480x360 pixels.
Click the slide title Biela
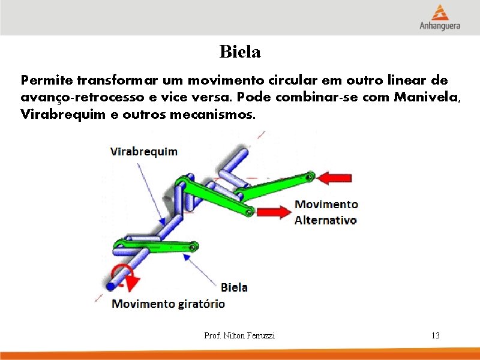click(240, 52)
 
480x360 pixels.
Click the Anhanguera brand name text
click(440, 26)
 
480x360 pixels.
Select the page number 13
click(436, 335)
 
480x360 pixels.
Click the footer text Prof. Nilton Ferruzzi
click(239, 335)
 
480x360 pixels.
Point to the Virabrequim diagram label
click(143, 151)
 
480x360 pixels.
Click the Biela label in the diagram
click(234, 287)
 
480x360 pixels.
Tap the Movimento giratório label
click(169, 304)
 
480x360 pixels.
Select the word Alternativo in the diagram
click(325, 220)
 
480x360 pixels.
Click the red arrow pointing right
click(271, 212)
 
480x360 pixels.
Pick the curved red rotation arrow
click(126, 274)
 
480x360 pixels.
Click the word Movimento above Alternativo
click(326, 205)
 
